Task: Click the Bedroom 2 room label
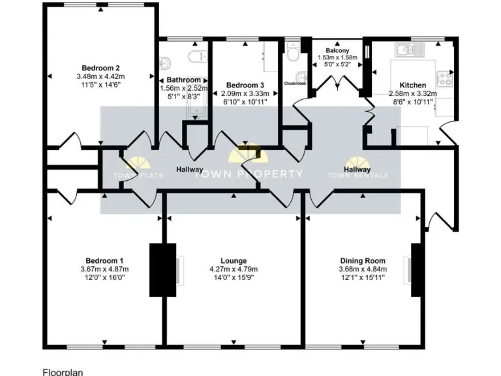tap(100, 67)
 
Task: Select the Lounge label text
tap(234, 260)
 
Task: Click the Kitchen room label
tap(412, 85)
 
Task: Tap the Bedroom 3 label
tap(245, 85)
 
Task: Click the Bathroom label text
tap(183, 80)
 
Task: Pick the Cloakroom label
tap(295, 84)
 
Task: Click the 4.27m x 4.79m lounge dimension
tap(234, 269)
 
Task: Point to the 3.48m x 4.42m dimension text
tap(100, 76)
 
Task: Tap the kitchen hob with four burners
tap(445, 79)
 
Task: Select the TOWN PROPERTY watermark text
tap(250, 174)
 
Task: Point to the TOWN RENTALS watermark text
tap(357, 175)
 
